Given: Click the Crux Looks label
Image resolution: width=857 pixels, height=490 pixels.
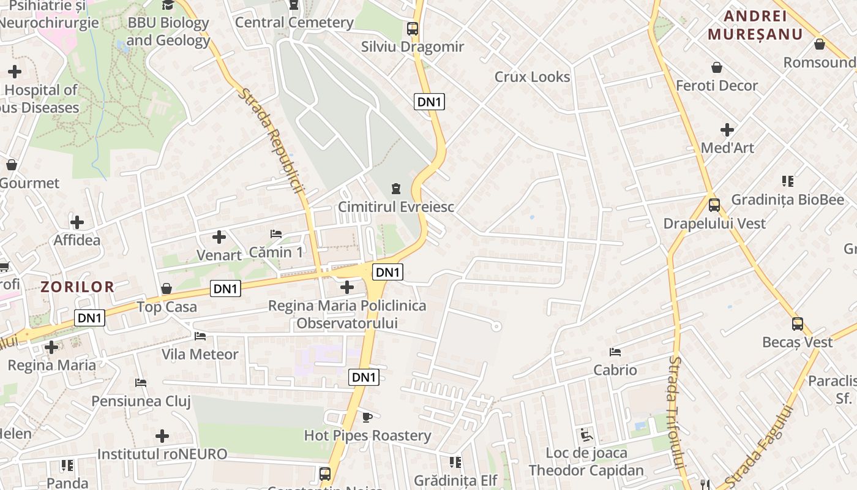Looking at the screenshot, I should (x=532, y=77).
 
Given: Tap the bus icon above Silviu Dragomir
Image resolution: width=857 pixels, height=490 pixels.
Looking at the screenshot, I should (x=413, y=28).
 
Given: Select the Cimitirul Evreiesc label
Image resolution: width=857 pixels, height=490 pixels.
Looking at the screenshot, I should (x=396, y=207).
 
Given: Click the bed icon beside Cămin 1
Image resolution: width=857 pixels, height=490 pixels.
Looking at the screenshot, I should (x=276, y=233).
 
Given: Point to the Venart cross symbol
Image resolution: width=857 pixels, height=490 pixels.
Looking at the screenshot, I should (x=219, y=236).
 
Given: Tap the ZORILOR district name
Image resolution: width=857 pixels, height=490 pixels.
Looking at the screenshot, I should (x=78, y=287).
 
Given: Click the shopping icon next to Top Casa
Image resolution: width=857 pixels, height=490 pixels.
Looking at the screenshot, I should (x=166, y=288).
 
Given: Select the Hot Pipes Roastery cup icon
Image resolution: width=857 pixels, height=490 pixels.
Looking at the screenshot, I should (x=367, y=417).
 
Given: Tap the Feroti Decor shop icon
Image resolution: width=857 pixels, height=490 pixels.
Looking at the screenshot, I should (x=716, y=67).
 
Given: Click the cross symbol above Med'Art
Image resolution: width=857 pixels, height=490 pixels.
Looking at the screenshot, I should (x=727, y=130).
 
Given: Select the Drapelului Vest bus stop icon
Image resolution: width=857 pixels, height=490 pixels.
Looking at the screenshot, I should (x=714, y=205).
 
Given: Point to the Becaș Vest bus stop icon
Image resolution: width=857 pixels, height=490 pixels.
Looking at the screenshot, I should (x=797, y=324).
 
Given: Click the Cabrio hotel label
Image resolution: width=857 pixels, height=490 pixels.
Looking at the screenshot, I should (x=615, y=370).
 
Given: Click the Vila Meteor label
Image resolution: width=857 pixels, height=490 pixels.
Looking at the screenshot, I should (x=200, y=354).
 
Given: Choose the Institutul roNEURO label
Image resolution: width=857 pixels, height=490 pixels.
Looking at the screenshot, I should (x=162, y=454).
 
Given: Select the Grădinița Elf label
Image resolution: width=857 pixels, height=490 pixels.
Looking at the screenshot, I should (x=455, y=480).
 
